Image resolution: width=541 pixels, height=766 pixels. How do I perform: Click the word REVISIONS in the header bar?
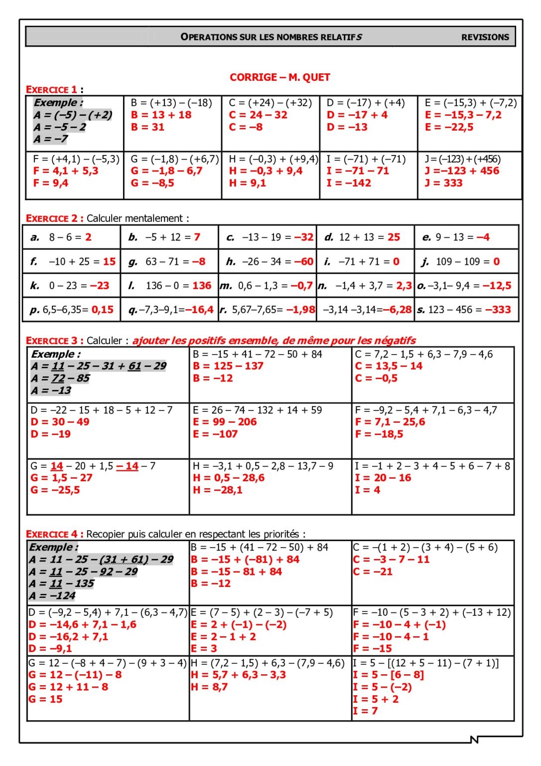[x=485, y=37]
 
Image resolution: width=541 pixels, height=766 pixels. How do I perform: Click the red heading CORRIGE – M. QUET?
[x=279, y=77]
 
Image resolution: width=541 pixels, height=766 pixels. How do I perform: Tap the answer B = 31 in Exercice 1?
[x=147, y=127]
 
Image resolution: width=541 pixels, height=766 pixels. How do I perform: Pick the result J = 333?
[x=443, y=183]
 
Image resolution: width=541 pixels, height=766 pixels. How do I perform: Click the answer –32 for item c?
[x=303, y=237]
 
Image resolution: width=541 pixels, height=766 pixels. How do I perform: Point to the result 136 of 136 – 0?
[x=202, y=286]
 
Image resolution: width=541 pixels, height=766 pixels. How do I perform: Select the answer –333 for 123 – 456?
[x=498, y=310]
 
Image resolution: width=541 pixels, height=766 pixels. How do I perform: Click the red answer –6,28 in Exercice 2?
[x=397, y=310]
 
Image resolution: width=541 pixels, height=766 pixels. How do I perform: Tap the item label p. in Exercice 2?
[x=34, y=310]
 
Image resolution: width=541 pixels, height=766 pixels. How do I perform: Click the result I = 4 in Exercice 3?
[x=367, y=490]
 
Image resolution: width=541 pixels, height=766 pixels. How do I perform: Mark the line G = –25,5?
[x=55, y=490]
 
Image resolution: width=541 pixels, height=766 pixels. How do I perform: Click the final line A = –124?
[x=52, y=595]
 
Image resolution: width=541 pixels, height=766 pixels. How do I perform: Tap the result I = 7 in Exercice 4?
[x=365, y=711]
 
